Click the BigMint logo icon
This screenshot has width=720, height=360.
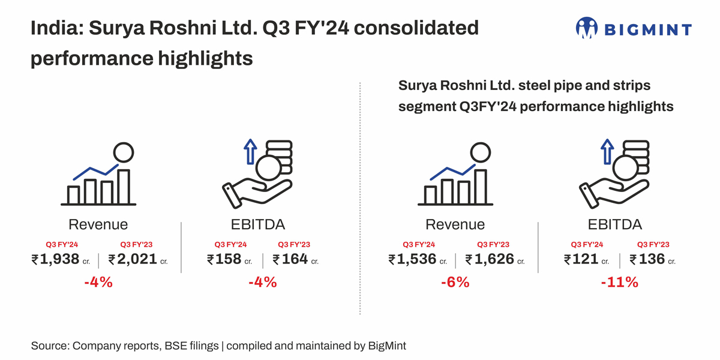[x=587, y=28]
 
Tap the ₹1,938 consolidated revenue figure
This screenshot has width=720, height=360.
[x=56, y=259]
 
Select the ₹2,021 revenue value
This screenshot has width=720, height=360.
[x=133, y=259]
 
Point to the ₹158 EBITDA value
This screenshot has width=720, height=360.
[x=224, y=259]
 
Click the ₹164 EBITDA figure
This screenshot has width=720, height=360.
[x=290, y=259]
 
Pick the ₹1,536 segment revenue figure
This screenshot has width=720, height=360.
[x=412, y=259]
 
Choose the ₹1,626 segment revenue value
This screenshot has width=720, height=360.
[x=490, y=259]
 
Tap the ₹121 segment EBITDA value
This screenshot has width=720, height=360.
[x=581, y=259]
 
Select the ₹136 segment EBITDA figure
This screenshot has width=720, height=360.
[x=647, y=259]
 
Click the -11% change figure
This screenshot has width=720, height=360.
[x=619, y=281]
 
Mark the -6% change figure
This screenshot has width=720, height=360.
[x=455, y=281]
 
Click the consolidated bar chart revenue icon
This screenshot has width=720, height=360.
[x=98, y=175]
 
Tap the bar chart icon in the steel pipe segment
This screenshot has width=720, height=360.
[x=455, y=175]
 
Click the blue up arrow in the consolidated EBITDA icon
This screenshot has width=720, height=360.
[x=250, y=152]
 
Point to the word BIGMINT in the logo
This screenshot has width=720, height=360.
[x=647, y=29]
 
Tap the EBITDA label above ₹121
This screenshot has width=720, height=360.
[x=614, y=224]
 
